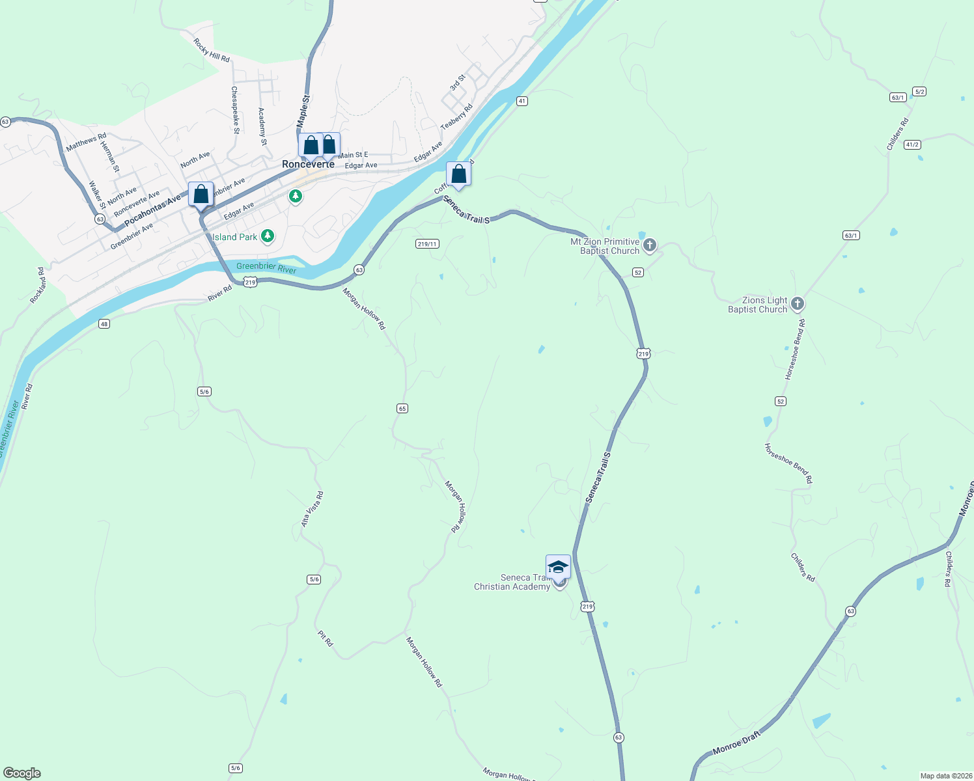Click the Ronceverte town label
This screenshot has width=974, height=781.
tap(308, 164)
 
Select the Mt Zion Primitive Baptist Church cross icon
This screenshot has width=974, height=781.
tap(649, 245)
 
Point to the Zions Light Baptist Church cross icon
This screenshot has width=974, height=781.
tap(797, 304)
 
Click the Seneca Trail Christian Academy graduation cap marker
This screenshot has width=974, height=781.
tap(558, 567)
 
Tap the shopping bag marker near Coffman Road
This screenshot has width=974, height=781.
tap(458, 174)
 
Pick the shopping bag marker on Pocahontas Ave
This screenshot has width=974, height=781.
tap(201, 195)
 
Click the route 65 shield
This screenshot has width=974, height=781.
tap(402, 408)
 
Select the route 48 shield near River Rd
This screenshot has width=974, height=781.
tap(104, 323)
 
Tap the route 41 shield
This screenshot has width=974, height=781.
tap(522, 101)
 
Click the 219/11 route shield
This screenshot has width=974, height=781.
tap(427, 244)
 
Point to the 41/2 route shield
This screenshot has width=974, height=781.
tap(912, 144)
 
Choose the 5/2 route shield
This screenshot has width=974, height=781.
tap(919, 92)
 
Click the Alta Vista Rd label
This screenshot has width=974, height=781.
tap(312, 509)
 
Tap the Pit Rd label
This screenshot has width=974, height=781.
tap(326, 638)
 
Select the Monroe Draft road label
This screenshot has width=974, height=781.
tap(736, 743)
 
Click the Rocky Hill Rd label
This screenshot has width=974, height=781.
tap(212, 50)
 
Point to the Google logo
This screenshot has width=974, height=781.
tap(22, 773)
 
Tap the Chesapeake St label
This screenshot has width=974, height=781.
tap(235, 110)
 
